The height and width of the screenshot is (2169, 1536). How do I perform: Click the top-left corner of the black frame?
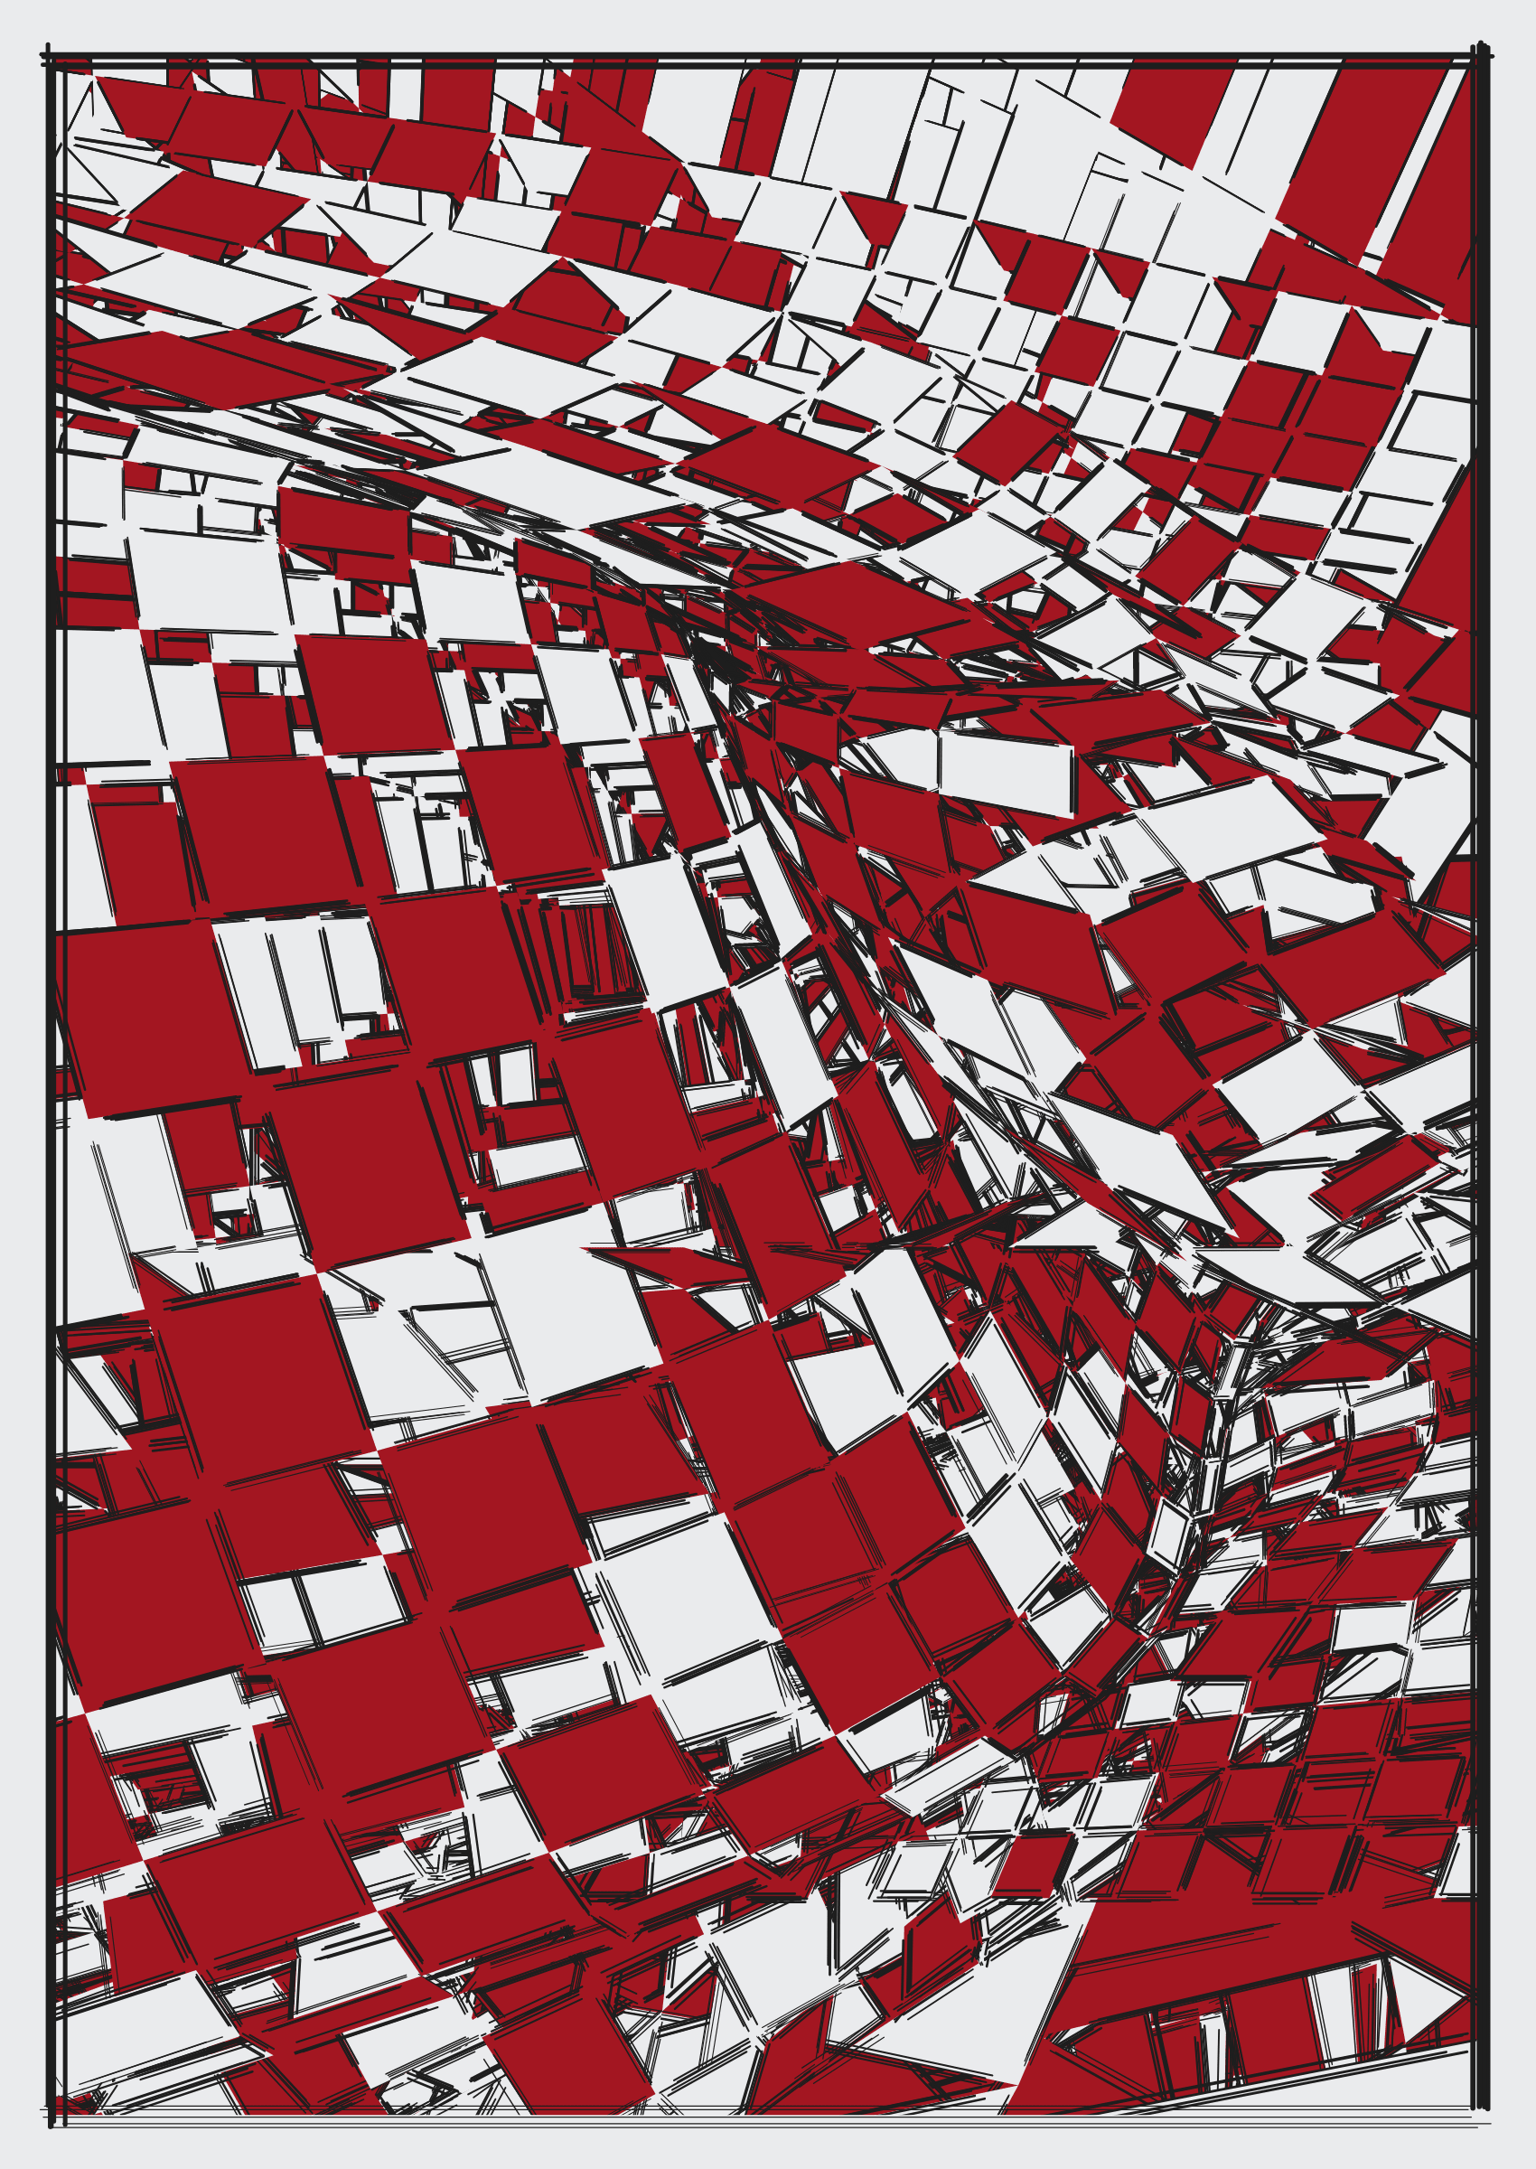pyautogui.click(x=50, y=57)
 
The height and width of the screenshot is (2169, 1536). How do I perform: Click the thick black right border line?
pyautogui.click(x=1483, y=1040)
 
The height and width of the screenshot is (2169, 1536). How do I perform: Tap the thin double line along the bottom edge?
pyautogui.click(x=756, y=2121)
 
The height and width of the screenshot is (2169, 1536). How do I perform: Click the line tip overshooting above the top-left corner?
pyautogui.click(x=48, y=46)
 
